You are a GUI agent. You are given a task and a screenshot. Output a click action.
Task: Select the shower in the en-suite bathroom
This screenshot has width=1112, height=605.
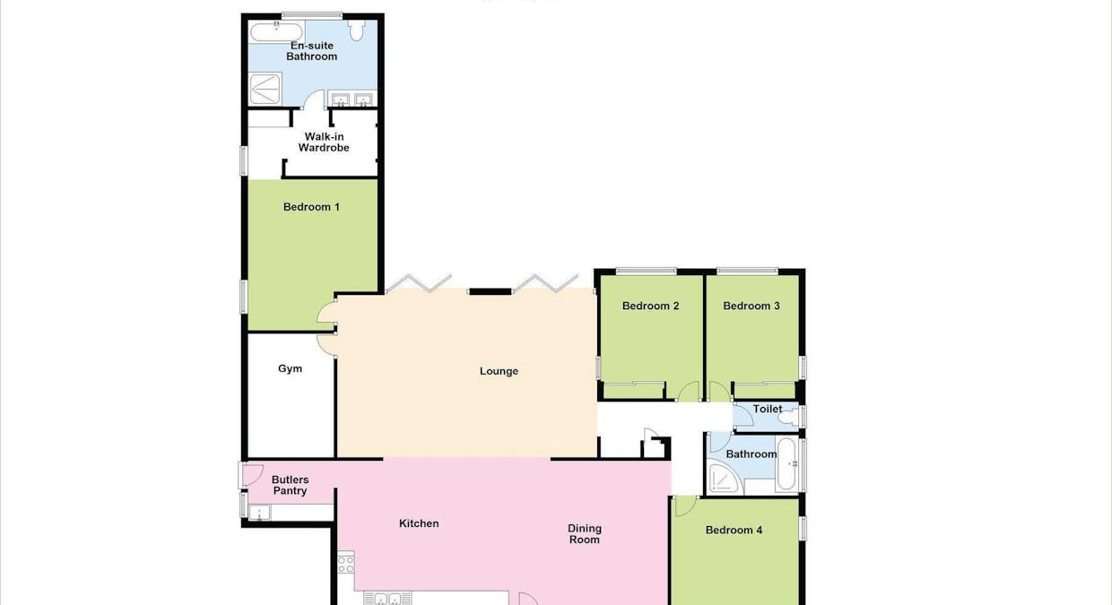click(265, 88)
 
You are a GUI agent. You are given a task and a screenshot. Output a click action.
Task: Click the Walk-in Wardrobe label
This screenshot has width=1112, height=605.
click(324, 142)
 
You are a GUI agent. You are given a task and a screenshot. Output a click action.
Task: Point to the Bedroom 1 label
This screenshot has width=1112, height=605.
click(311, 207)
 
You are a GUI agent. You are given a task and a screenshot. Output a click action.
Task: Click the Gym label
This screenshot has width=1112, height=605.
click(290, 368)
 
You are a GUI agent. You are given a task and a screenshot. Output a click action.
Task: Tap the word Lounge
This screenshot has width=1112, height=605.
click(499, 371)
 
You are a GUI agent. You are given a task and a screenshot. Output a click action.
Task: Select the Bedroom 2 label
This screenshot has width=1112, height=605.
click(650, 306)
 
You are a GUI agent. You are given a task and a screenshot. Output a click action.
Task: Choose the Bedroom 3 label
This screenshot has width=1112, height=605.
click(751, 306)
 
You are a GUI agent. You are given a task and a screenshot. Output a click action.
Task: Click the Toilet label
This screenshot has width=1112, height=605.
click(767, 409)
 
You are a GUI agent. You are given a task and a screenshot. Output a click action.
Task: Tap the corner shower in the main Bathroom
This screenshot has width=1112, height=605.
click(722, 480)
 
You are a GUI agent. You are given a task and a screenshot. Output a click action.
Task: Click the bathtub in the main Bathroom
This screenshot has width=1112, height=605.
click(786, 463)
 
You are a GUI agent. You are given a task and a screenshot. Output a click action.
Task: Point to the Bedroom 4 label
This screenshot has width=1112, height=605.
click(734, 530)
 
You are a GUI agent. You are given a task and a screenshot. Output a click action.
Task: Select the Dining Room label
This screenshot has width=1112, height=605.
click(584, 534)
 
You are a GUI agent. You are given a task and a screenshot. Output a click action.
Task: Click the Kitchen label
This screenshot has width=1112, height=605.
click(419, 523)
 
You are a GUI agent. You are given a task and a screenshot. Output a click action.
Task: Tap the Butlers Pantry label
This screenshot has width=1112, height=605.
click(290, 486)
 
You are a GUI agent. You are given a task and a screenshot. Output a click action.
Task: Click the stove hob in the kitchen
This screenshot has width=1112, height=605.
click(345, 564)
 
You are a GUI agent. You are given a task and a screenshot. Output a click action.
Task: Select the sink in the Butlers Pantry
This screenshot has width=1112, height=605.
click(261, 513)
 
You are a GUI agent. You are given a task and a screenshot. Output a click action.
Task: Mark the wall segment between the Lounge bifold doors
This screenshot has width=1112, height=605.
click(490, 291)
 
